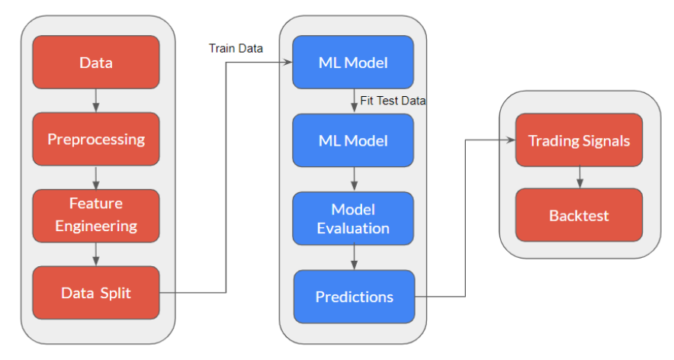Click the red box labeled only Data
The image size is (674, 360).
[96, 63]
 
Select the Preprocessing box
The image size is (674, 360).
[96, 139]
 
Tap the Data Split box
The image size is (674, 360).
[96, 292]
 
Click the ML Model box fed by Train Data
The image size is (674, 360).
[353, 63]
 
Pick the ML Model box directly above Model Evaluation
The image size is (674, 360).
[353, 140]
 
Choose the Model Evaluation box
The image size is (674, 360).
[353, 218]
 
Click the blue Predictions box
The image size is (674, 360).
[355, 297]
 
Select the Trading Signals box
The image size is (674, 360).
[579, 140]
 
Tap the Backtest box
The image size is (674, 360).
[579, 215]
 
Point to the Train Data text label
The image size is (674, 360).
[236, 48]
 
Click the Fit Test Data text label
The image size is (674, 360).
[393, 101]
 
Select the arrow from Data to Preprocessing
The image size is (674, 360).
[96, 101]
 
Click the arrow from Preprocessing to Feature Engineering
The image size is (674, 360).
[96, 178]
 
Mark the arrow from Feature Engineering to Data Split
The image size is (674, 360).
[96, 254]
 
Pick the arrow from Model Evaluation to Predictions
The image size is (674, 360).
[355, 258]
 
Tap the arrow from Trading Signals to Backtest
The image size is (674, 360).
[579, 177]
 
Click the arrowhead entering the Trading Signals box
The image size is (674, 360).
[511, 140]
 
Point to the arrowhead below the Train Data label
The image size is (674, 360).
[288, 63]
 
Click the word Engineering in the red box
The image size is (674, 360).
[96, 227]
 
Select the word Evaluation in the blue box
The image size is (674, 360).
[353, 228]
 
